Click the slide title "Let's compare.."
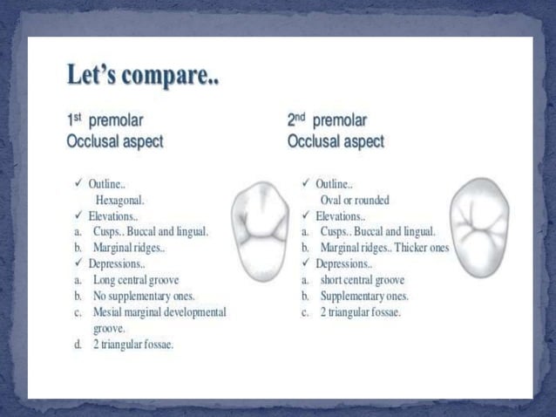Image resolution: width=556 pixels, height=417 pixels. coord(144,78)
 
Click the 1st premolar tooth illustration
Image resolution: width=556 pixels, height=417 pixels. coord(259,230)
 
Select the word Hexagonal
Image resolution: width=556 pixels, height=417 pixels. coord(120,200)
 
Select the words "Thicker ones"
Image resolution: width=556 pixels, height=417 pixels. coord(421,248)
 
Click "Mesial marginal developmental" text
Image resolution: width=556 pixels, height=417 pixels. coord(159,311)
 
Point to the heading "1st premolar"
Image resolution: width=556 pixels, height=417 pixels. coord(105,120)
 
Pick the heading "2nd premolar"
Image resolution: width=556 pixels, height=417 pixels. coord(328,120)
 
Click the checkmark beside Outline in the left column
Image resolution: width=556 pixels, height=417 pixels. coord(78,184)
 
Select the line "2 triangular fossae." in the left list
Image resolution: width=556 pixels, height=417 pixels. coord(133,344)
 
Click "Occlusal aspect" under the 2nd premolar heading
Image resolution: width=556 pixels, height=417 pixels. coord(336,140)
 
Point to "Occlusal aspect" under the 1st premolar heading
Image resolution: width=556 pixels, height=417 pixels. coord(114,140)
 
